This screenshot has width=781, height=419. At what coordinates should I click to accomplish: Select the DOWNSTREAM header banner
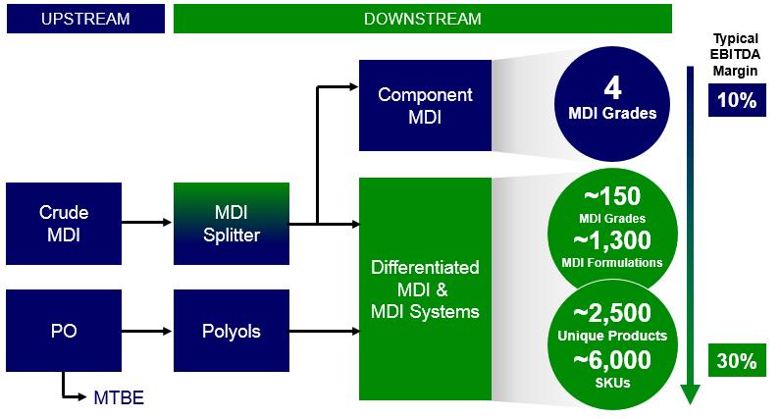pos(422,19)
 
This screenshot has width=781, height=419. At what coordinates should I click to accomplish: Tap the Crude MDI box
pos(63,223)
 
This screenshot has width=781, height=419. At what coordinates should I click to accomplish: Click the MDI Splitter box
pos(232,223)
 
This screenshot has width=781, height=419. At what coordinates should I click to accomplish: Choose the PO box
pos(63,331)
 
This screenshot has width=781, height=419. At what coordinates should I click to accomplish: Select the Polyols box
pos(232,331)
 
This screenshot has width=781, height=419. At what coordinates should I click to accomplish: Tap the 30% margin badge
pos(735,361)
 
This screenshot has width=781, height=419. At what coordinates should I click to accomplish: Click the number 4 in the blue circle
pos(612,87)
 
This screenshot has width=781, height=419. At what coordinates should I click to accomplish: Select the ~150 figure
pos(612,195)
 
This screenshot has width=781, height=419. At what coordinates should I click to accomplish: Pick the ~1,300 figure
pos(612,240)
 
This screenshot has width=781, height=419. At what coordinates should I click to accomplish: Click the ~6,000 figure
pos(612,359)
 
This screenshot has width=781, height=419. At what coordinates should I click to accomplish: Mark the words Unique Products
pos(612,337)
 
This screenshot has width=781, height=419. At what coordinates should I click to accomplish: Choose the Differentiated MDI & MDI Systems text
pos(425,289)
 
